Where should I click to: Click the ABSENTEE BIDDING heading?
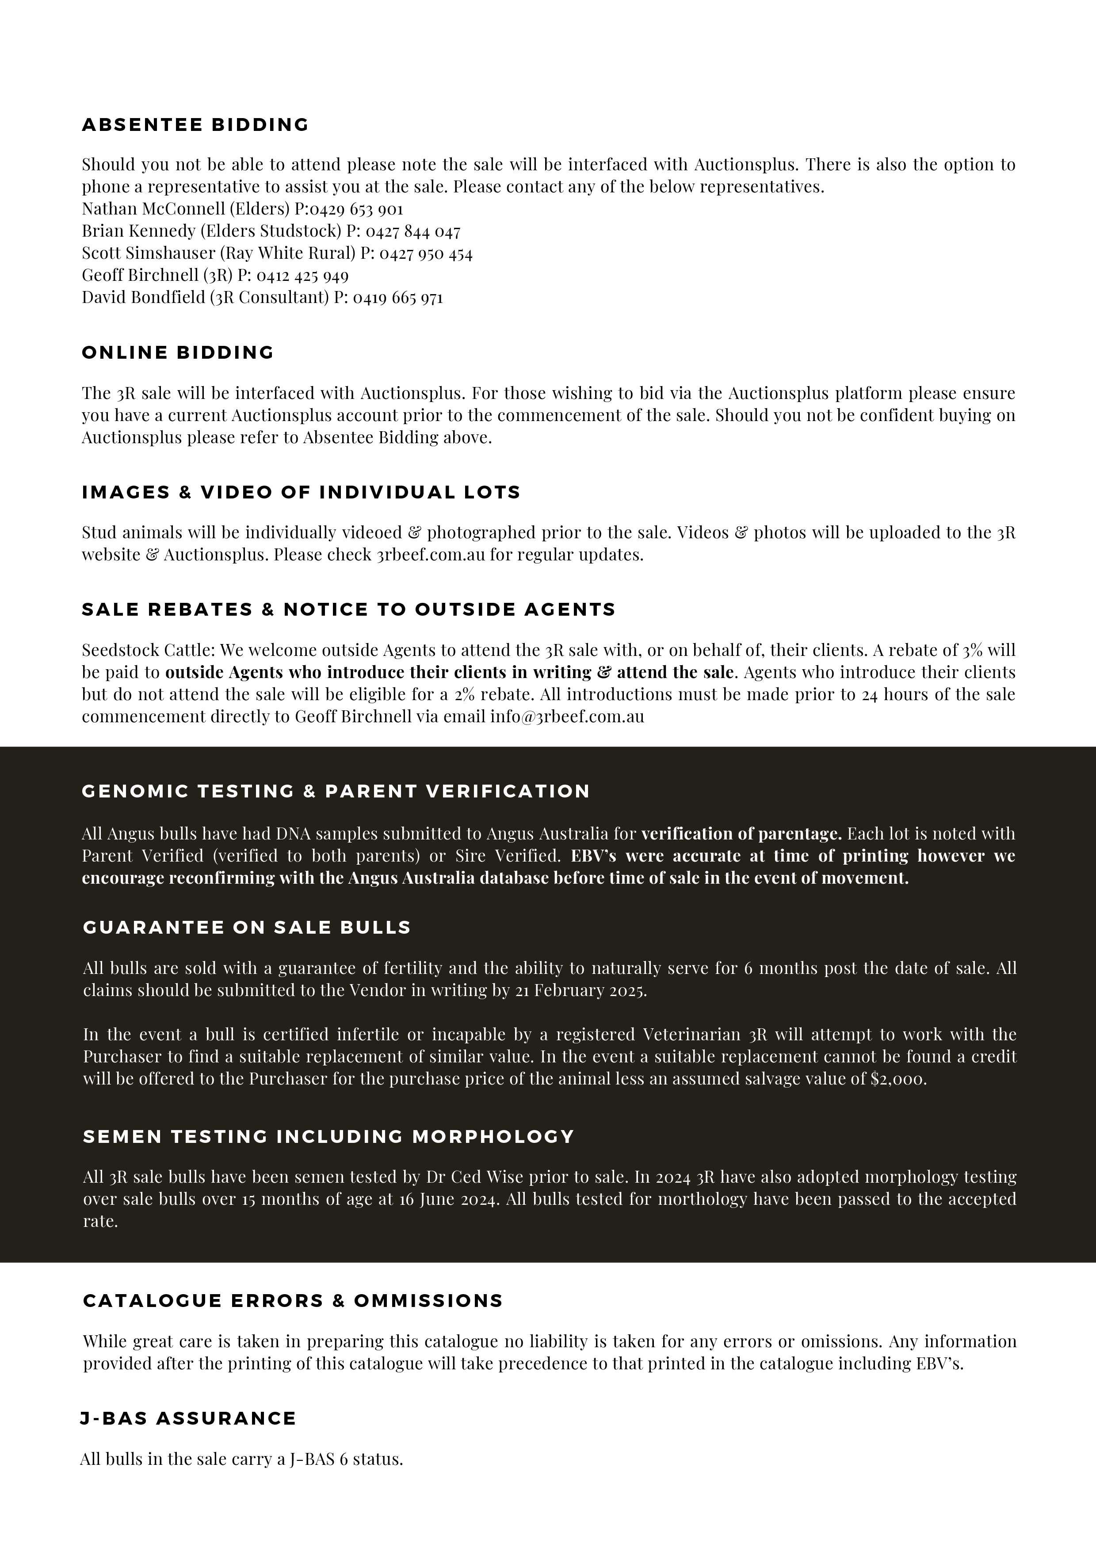click(195, 125)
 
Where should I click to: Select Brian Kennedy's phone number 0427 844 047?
click(413, 231)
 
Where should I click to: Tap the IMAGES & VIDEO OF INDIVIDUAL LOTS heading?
click(301, 492)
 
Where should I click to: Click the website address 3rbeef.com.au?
click(431, 555)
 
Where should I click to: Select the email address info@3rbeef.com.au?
click(567, 717)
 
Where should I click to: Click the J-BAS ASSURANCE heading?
click(188, 1418)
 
